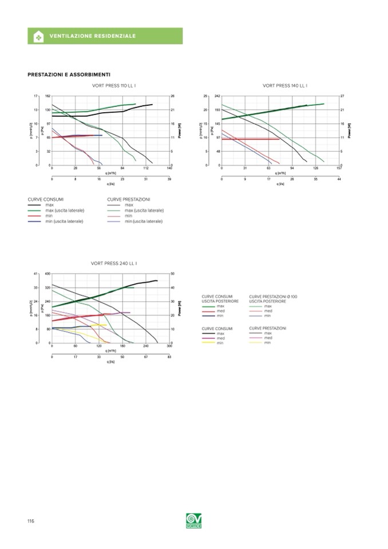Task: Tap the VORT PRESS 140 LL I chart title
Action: coord(284,85)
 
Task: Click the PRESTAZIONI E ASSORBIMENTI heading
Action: coord(69,74)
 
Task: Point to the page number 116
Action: coord(31,520)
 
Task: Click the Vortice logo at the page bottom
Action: coord(194,521)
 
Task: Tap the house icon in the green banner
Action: coord(39,36)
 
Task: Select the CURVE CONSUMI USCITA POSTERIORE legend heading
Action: coord(217,298)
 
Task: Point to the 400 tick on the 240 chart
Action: coord(47,274)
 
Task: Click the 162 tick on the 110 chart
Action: coord(48,96)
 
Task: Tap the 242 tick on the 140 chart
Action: coord(217,96)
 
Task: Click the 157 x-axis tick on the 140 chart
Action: coord(339,169)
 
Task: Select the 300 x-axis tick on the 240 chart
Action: coord(169,346)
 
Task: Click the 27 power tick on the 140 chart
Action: coord(342,96)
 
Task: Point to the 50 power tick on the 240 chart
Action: coord(173,274)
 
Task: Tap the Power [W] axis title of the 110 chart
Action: coord(179,131)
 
